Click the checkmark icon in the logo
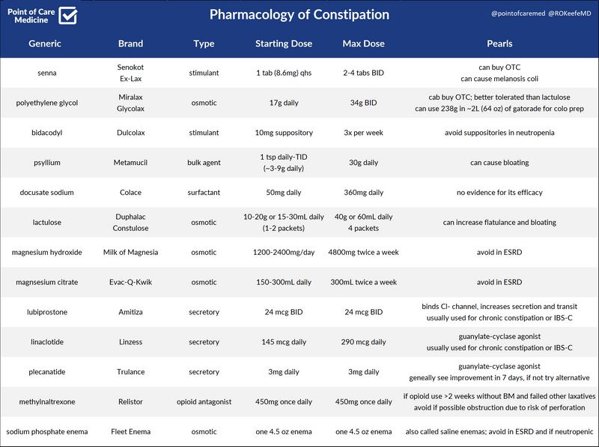coord(68,15)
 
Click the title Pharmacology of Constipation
coord(299,15)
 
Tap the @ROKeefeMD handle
coord(564,14)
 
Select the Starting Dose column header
coord(283,43)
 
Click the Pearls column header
coord(499,43)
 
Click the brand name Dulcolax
coord(130,133)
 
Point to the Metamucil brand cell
coord(130,163)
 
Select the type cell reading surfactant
coord(204,193)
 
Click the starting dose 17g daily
coord(283,103)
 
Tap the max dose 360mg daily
coord(363,193)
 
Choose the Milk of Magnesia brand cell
coord(130,253)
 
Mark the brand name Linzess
coord(130,342)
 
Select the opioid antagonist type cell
coord(204,402)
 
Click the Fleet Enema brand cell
coord(130,432)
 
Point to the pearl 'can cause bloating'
coord(499,163)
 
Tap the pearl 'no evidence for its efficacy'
coord(499,193)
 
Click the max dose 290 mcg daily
coord(363,342)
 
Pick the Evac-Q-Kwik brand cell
coord(130,283)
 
